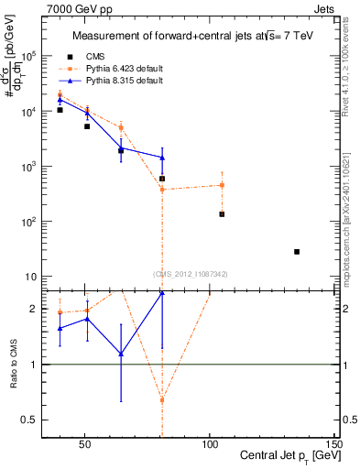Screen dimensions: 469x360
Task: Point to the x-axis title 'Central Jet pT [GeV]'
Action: (285, 456)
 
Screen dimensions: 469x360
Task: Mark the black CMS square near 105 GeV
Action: (222, 214)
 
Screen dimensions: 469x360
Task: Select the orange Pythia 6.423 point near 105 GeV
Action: (222, 185)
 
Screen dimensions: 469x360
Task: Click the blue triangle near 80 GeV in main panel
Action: (162, 158)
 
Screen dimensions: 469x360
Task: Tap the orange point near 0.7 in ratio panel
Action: (162, 399)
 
